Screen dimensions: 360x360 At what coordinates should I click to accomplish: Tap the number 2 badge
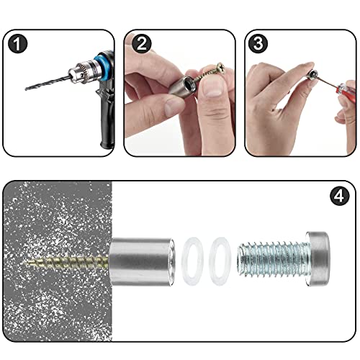[x=141, y=45]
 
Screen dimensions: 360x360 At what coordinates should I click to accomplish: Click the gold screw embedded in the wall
[x=68, y=259]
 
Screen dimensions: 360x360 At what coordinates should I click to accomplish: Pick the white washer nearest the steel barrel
[x=192, y=260]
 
